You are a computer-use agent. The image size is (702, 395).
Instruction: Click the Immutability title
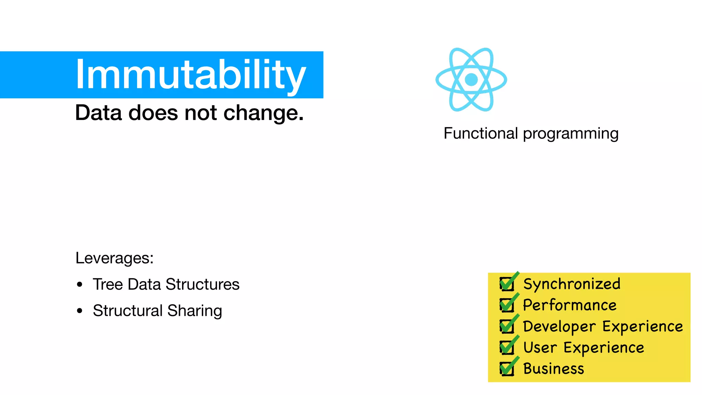190,74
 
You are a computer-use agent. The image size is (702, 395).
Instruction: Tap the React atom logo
471,80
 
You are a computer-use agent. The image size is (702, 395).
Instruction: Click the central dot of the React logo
471,80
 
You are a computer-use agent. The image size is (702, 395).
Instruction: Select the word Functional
481,133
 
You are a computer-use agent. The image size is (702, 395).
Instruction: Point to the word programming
571,134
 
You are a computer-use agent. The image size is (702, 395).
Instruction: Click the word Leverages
114,258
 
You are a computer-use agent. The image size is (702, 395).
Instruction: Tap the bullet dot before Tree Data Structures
80,285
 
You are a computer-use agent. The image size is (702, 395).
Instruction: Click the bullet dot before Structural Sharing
80,311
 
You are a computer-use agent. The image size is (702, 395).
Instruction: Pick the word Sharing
195,311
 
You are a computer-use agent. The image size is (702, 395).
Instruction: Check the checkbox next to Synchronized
507,284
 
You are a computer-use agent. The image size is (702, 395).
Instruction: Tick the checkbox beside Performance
507,305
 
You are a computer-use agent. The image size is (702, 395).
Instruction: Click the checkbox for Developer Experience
507,326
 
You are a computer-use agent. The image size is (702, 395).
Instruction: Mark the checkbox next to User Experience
507,348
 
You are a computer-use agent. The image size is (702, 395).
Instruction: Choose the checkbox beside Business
507,369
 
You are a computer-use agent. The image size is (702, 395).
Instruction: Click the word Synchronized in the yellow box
572,284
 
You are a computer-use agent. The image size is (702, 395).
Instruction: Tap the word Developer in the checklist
559,326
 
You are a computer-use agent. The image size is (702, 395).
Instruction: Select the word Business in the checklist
554,369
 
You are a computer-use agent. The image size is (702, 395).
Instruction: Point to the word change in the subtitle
263,113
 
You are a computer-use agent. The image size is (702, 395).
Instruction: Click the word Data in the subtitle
98,113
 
